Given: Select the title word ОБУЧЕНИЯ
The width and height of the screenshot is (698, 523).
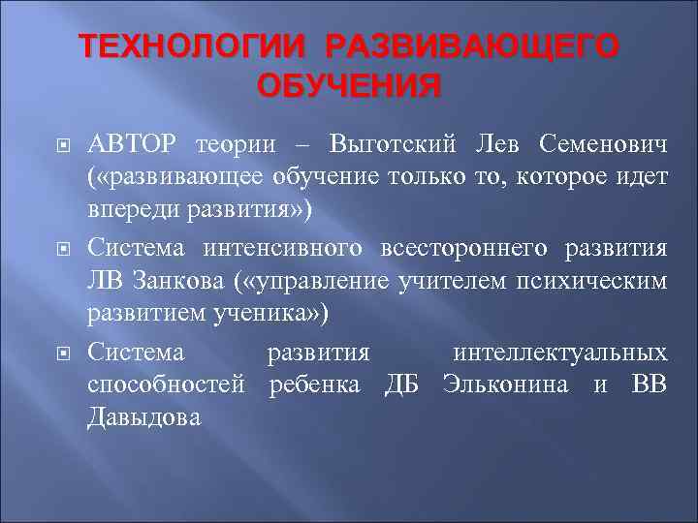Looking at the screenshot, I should click(348, 86).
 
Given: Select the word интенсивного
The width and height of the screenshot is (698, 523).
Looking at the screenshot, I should click(285, 249).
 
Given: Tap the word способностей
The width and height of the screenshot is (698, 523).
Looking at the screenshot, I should click(166, 385).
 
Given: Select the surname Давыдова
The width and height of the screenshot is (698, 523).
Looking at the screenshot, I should click(144, 418).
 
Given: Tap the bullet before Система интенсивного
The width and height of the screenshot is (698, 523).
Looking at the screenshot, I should click(59, 250).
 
